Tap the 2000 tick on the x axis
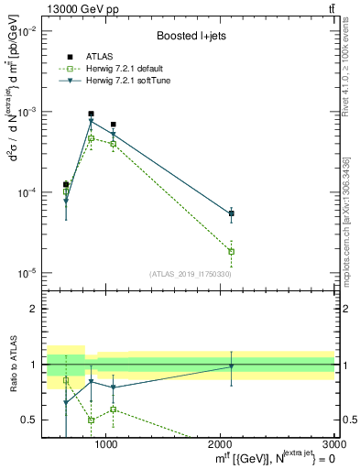(x=221, y=444)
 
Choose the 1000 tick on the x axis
(x=106, y=444)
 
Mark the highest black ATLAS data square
(x=91, y=114)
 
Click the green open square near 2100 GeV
(x=232, y=251)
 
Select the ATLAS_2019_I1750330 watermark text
(x=190, y=274)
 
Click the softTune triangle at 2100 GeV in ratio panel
(x=232, y=366)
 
